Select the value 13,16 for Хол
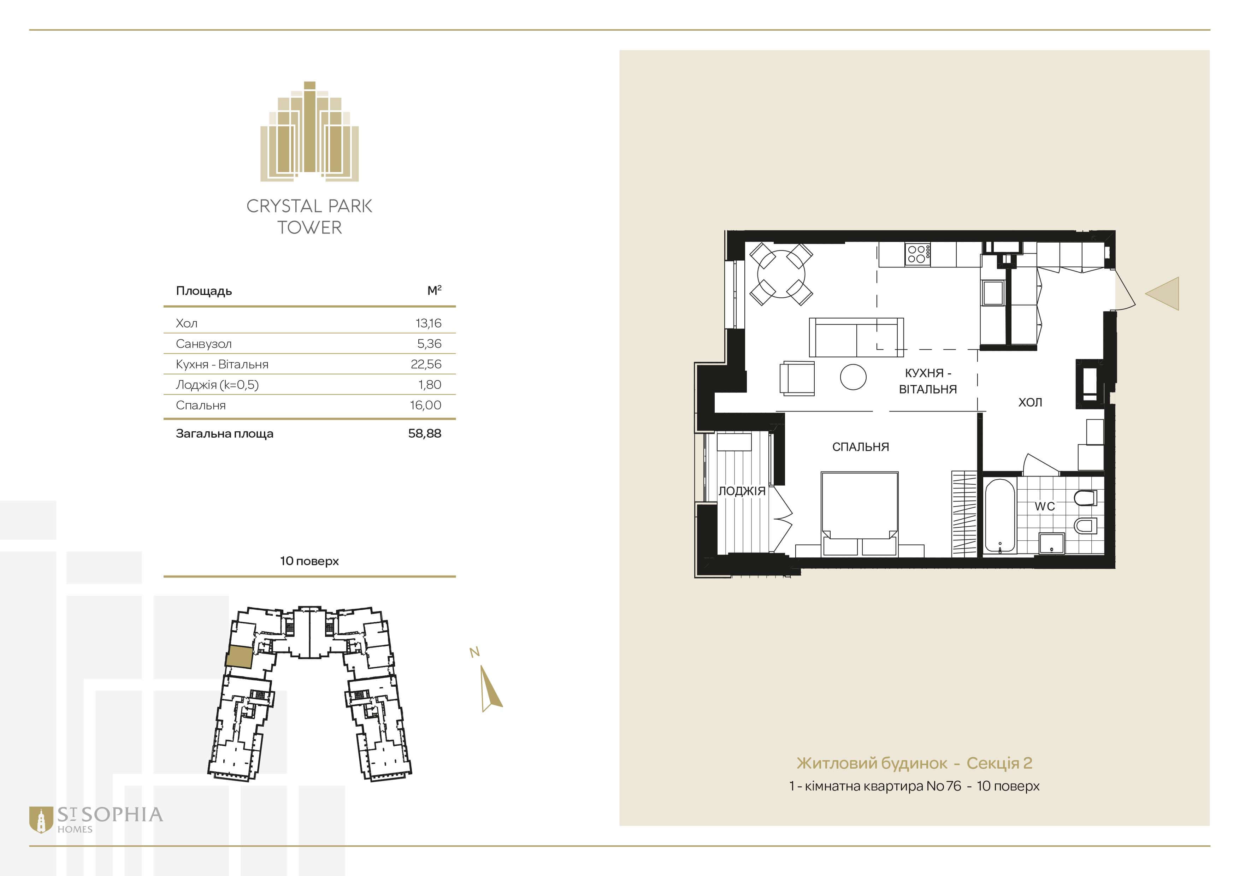pos(429,323)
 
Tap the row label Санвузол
pos(203,344)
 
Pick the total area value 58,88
pos(425,433)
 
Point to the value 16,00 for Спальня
pos(426,405)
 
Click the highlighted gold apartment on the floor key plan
pos(238,657)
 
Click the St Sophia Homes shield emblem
pos(41,820)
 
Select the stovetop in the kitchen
pos(918,254)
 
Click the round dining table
pos(781,274)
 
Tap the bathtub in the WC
pos(1000,516)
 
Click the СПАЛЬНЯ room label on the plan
pos(860,446)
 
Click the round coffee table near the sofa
pos(853,377)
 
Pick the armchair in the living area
pos(797,378)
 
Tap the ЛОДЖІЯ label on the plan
pos(742,491)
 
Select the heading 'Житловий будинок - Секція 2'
pos(914,763)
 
